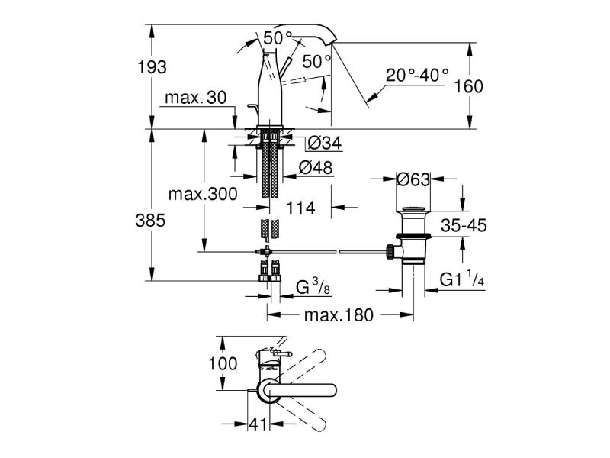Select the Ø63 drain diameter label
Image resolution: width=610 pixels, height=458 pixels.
(x=414, y=179)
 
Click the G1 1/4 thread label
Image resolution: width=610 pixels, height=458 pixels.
(x=463, y=281)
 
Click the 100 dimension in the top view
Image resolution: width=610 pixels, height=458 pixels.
(x=223, y=364)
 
